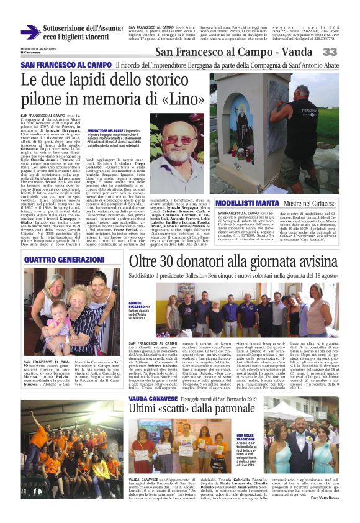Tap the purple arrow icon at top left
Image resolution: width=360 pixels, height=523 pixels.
30,32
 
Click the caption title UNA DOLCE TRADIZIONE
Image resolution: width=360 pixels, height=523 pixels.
246,421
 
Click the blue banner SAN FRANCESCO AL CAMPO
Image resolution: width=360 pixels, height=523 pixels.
58,65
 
